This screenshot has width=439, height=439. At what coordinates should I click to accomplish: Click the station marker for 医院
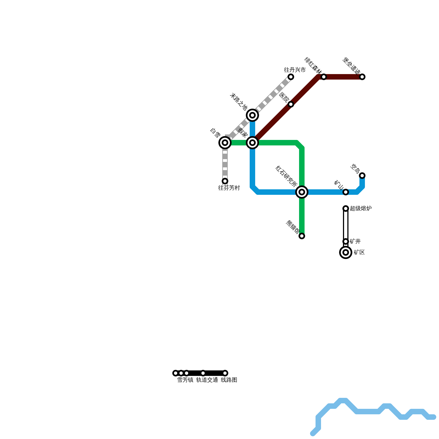point(291,104)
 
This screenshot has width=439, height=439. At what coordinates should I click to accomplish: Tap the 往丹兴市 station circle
point(291,77)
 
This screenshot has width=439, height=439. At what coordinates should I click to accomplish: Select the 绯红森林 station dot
point(324,77)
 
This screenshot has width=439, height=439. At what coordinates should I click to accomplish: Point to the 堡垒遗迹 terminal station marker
point(362,77)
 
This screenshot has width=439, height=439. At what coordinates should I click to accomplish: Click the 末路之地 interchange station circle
point(252,115)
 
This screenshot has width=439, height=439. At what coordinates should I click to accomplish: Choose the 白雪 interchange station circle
point(225,143)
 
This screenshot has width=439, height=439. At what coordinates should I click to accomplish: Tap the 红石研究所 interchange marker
point(302,192)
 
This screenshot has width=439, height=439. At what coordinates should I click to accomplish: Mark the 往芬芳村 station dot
point(225,181)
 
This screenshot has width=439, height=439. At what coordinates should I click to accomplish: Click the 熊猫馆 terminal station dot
point(302,236)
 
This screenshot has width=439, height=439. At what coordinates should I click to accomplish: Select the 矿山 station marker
point(346,192)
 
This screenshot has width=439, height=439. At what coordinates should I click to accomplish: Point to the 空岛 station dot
point(362,176)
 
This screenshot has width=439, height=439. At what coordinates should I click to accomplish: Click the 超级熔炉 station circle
point(346,209)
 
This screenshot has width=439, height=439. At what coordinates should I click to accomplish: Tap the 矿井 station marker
point(346,241)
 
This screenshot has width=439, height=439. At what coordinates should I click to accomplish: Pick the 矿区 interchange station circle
point(346,252)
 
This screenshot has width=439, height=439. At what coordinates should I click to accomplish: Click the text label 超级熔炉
point(361,209)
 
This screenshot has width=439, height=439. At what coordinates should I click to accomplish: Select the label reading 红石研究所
point(286,177)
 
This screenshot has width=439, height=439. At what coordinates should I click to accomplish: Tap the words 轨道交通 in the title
point(207,380)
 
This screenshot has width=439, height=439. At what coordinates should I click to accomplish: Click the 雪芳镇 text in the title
point(185,380)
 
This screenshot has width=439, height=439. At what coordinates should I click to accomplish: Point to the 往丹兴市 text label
point(295,70)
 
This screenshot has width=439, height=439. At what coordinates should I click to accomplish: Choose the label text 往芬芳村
point(229,188)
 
